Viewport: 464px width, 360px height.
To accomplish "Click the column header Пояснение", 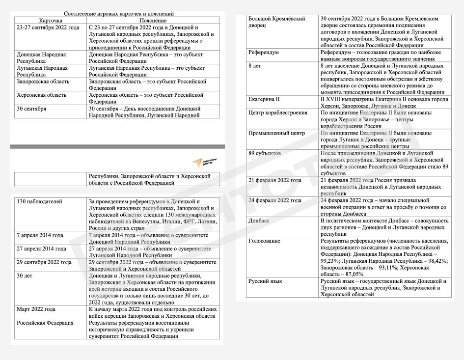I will click(x=153, y=21).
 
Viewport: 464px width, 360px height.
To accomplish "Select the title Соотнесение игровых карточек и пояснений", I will click(x=118, y=14).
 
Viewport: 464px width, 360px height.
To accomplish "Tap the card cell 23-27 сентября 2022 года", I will click(x=48, y=28).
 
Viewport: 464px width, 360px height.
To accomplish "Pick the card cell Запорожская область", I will click(x=43, y=82).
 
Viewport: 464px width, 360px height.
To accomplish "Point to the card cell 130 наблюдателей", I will click(x=39, y=201).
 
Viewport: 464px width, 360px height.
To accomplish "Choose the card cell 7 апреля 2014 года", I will click(x=40, y=235).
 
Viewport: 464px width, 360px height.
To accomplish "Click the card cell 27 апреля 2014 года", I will click(x=41, y=249).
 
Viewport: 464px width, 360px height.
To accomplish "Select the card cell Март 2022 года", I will click(x=36, y=309).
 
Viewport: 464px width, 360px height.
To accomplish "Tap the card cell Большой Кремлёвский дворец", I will click(x=276, y=22).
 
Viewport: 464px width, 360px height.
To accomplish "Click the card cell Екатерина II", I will click(x=264, y=99).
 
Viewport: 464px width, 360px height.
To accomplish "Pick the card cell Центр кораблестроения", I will click(x=278, y=112).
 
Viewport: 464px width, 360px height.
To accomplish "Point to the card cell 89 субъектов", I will click(x=265, y=153).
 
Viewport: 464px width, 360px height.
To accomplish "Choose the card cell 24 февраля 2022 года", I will click(x=275, y=201).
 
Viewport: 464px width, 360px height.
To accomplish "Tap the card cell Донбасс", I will click(x=260, y=221).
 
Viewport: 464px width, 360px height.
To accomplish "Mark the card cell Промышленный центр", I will click(x=276, y=133).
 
